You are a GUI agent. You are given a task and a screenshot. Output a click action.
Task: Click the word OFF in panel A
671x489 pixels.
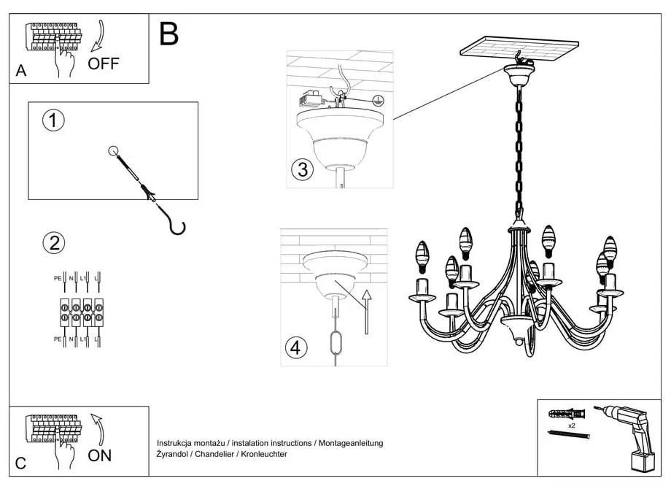[x=103, y=63]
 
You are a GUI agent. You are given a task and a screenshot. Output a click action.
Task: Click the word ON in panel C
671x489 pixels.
[x=100, y=455]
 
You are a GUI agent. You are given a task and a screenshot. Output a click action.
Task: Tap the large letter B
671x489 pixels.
[x=168, y=34]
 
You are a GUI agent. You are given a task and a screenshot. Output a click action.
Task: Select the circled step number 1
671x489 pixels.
[x=53, y=121]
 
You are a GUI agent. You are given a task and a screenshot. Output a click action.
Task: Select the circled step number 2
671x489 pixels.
[x=53, y=243]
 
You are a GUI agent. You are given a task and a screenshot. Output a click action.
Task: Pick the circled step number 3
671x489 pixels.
[x=302, y=170]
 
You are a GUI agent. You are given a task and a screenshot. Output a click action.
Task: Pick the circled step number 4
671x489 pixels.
[x=295, y=348]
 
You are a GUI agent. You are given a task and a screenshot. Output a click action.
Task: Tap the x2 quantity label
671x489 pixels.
[x=571, y=424]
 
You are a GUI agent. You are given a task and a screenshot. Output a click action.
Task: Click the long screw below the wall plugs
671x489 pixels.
[x=568, y=435]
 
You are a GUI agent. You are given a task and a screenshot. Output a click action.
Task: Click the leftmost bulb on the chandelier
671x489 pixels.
[x=421, y=254]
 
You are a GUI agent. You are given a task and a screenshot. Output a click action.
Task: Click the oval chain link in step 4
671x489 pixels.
[x=335, y=342]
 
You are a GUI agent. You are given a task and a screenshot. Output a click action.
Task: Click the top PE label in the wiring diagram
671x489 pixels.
[x=58, y=278]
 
